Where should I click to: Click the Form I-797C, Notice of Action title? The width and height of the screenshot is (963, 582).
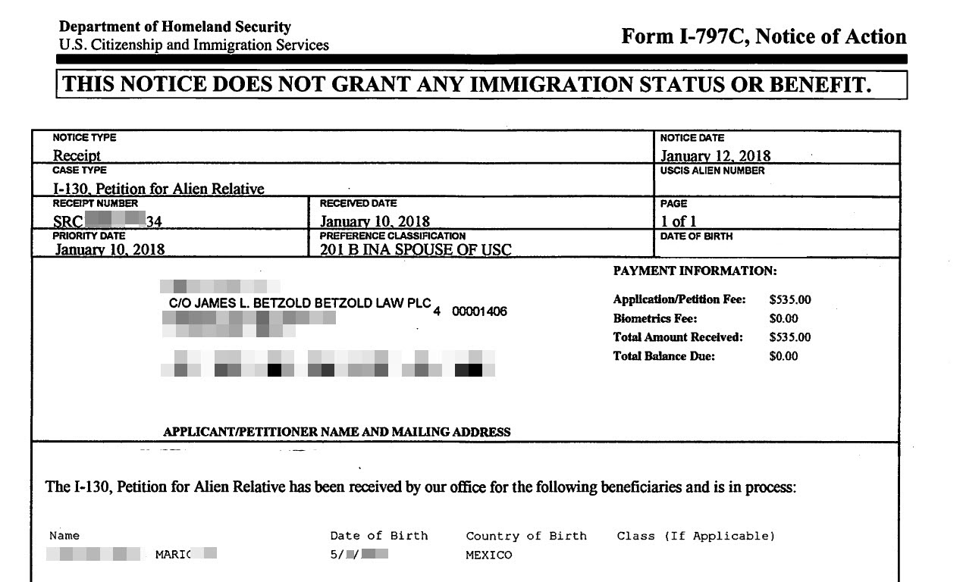(764, 36)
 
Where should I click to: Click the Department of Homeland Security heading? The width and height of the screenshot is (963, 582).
(175, 27)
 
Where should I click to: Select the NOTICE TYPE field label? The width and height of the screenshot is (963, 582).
(84, 137)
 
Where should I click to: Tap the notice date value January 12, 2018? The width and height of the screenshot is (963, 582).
(715, 156)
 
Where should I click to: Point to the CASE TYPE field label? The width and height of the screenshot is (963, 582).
(80, 171)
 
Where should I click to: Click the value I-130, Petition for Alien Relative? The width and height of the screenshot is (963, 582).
(158, 189)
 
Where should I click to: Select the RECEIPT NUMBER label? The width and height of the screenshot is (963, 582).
(96, 203)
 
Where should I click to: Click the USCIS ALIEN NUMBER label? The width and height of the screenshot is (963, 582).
(713, 171)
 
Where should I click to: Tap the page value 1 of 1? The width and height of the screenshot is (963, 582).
(679, 221)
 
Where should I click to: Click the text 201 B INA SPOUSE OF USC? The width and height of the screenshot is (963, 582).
(416, 249)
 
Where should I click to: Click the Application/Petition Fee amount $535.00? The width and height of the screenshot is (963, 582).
(789, 300)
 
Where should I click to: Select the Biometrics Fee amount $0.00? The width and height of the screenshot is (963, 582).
(783, 319)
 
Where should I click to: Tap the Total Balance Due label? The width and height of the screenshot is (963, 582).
(663, 356)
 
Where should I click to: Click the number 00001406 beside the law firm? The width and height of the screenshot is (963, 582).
(479, 311)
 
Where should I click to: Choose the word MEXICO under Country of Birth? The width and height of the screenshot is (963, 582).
(489, 555)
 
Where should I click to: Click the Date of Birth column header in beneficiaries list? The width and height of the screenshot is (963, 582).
(378, 536)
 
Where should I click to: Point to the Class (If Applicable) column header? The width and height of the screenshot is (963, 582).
(696, 536)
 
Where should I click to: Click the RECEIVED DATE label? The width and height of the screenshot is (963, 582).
(359, 203)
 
